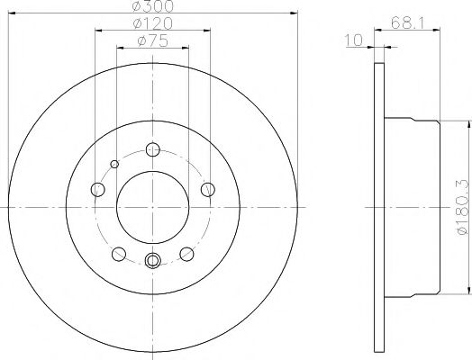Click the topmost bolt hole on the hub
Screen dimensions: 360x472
coord(152,150)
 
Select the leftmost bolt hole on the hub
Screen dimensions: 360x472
coord(97,189)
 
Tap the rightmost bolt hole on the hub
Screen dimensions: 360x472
coord(207,188)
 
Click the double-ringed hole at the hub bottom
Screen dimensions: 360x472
coord(152,261)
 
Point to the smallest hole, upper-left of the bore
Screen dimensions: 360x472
coord(114,163)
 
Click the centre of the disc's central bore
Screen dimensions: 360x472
coord(152,206)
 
